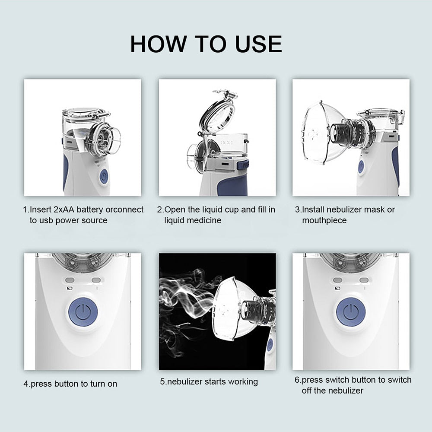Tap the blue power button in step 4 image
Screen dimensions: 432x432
click(83, 312)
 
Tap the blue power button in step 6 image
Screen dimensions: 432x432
click(351, 312)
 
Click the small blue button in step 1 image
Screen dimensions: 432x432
click(104, 176)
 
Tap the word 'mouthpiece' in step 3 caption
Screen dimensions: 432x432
click(324, 220)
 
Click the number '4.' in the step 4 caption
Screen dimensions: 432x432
click(26, 384)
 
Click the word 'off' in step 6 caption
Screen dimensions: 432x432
click(308, 391)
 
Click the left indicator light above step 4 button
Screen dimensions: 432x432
click(70, 280)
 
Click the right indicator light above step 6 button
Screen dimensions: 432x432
click(364, 280)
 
